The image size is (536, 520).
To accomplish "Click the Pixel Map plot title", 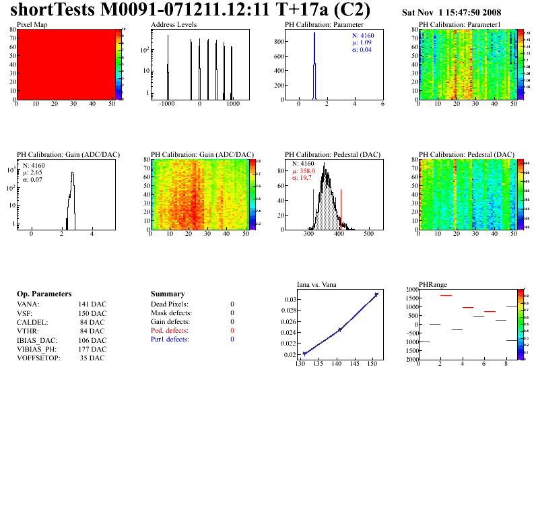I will pos(32,24).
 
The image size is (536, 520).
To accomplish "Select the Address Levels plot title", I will pos(174,24).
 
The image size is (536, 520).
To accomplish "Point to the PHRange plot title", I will pos(432,284).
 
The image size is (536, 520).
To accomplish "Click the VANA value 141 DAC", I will pos(92,304).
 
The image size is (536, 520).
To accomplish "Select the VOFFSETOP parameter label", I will pos(38,358).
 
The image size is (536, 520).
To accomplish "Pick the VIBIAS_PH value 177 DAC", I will pos(92,349).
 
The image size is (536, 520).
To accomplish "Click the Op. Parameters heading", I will pos(44,294).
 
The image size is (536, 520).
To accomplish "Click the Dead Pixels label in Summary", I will pos(170,304).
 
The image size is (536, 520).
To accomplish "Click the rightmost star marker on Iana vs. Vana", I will pos(376,294).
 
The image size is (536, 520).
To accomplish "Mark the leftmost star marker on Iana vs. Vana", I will pos(304,354).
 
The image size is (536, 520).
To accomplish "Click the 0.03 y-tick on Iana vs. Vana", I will pos(289,299).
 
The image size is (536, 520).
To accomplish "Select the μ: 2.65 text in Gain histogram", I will pos(33,172).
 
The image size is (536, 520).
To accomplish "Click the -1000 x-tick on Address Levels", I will pos(167,105).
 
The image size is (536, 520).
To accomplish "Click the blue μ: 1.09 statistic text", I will pos(361,42).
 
